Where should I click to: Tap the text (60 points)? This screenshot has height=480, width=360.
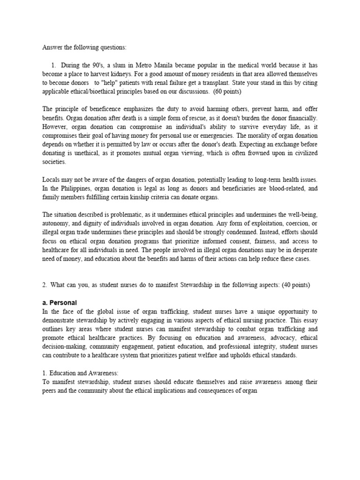coord(201,91)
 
